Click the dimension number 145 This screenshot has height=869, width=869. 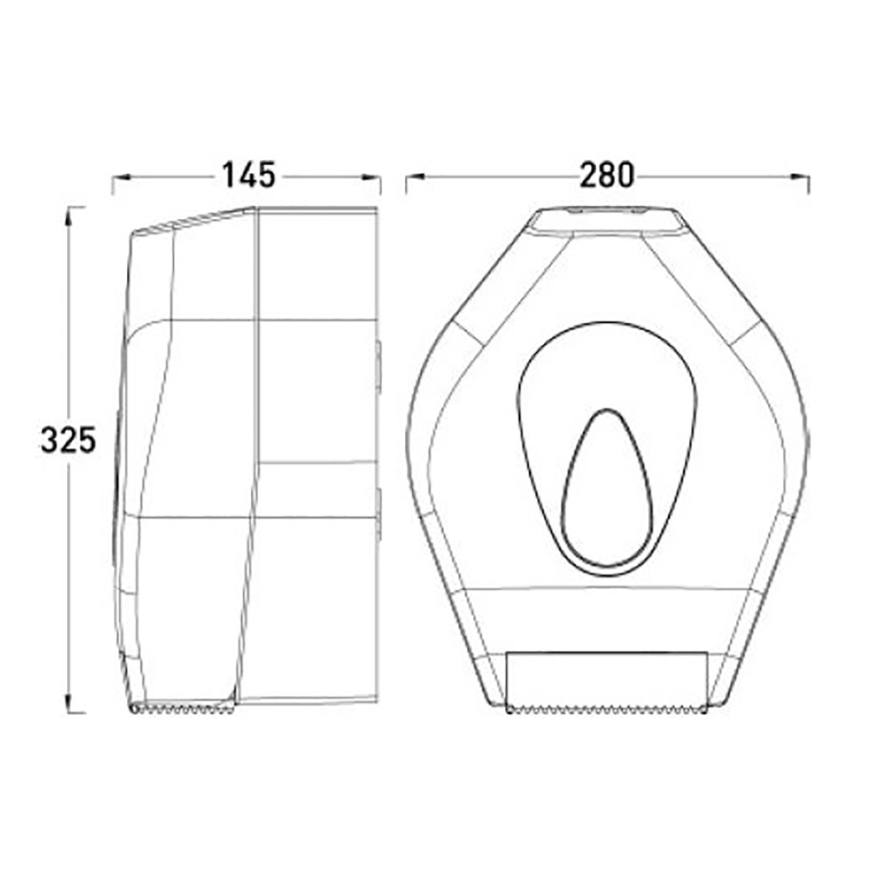click(248, 175)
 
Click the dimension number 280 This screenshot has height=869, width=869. click(607, 175)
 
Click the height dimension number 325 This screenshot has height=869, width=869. click(67, 440)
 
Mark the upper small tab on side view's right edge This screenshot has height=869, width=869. click(379, 363)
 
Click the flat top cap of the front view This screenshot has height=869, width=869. click(607, 222)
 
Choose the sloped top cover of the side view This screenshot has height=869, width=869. click(196, 222)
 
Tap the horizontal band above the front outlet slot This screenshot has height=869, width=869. click(607, 619)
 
